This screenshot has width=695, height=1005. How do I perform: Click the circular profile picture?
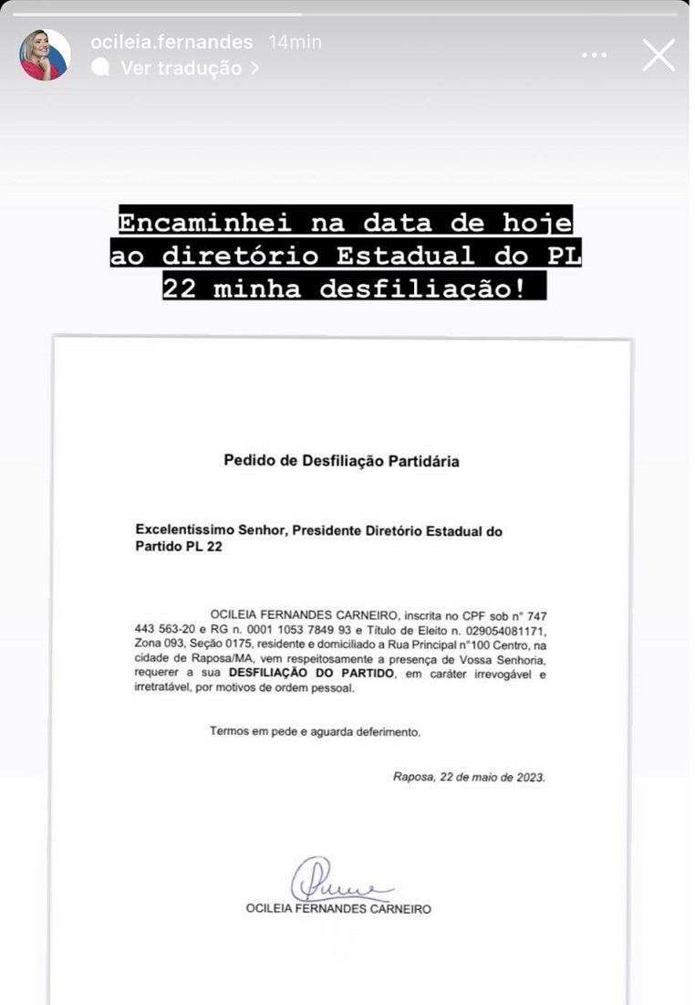(45, 55)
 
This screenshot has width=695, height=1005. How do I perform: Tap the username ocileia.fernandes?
(171, 42)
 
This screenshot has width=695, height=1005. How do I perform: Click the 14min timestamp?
(295, 42)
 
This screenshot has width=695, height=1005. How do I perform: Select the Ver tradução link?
(182, 68)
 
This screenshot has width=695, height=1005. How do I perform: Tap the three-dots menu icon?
(594, 56)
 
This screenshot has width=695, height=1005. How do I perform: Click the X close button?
(659, 56)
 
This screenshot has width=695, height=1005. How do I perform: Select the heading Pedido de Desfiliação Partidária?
(341, 461)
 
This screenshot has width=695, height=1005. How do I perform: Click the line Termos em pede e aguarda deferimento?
(315, 731)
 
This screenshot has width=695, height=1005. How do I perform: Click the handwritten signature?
(334, 880)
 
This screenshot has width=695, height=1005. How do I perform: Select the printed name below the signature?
(338, 908)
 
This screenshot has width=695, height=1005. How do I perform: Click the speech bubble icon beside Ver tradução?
(101, 68)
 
